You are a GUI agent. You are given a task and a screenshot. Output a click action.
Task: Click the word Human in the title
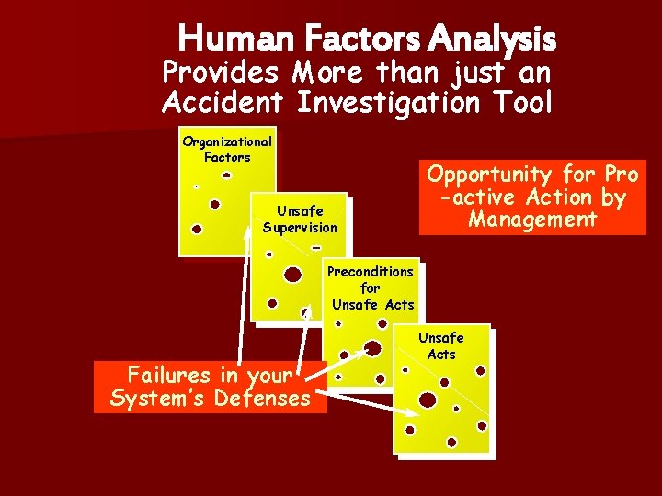[x=221, y=39]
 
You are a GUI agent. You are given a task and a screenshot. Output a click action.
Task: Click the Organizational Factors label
[x=227, y=149]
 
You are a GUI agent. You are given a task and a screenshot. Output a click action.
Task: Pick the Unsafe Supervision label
[x=300, y=220]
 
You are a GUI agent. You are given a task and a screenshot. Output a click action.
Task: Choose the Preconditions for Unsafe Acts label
[x=371, y=287]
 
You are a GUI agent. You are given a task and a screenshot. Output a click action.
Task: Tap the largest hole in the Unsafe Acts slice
[x=428, y=400]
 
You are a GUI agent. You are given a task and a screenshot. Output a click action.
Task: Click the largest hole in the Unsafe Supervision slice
[x=292, y=275]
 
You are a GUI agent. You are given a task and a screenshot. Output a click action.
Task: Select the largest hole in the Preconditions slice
[x=373, y=347]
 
